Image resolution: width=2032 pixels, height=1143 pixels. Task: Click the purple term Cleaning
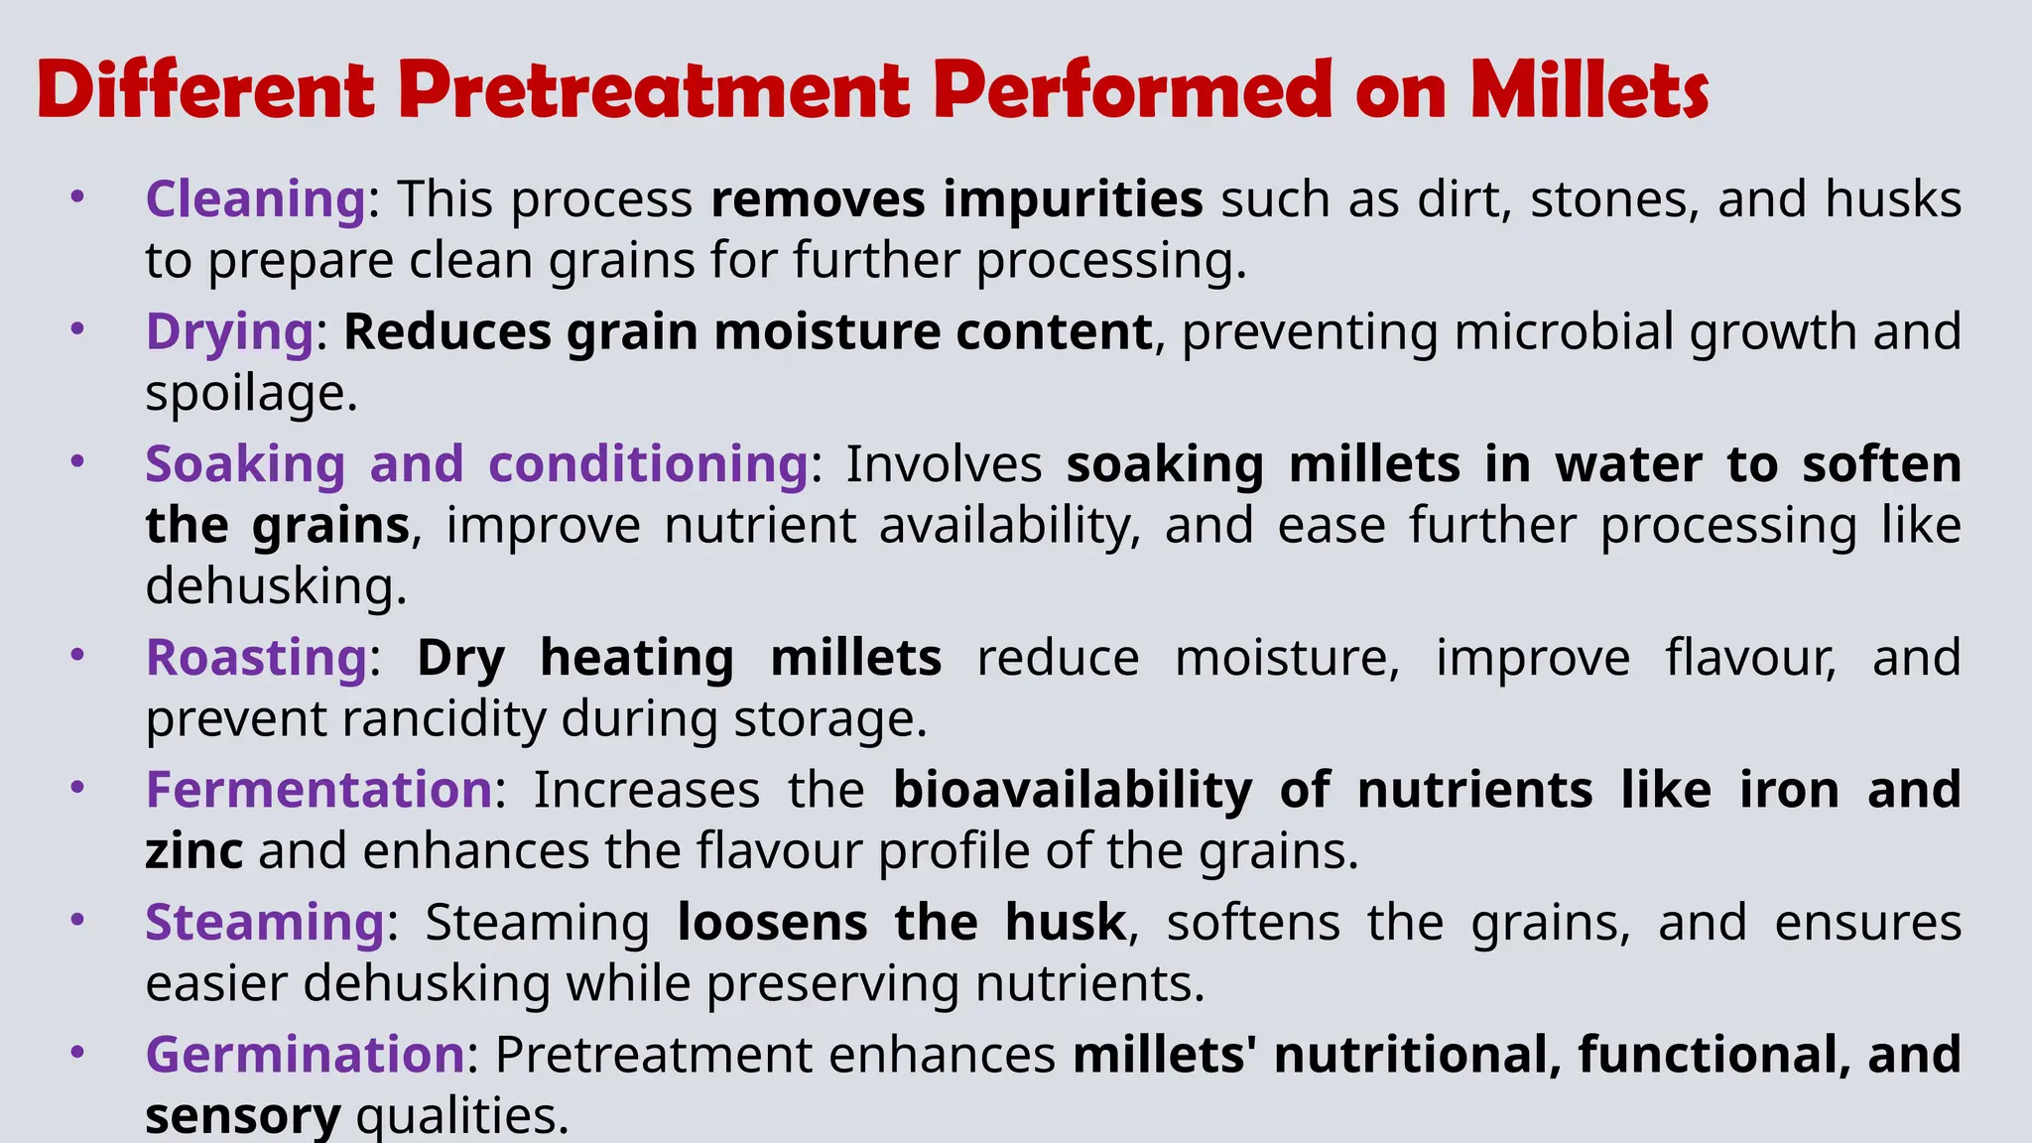click(x=256, y=199)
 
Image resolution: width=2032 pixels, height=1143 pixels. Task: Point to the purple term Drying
click(x=229, y=332)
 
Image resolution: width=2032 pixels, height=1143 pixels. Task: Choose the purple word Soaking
click(x=245, y=464)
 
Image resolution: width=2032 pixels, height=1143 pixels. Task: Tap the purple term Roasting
click(x=257, y=658)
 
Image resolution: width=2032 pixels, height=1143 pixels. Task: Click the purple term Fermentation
click(x=318, y=790)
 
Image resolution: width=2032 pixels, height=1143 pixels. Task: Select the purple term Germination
click(x=305, y=1054)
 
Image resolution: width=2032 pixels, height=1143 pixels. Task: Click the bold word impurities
click(x=1073, y=199)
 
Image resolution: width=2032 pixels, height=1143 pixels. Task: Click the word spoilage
click(x=250, y=394)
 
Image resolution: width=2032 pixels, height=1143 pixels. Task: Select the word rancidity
click(x=444, y=719)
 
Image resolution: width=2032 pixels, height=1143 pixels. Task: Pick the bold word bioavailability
click(x=1073, y=790)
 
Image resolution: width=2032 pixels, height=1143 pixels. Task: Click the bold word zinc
click(x=194, y=851)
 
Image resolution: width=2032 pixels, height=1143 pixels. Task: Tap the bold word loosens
click(x=772, y=923)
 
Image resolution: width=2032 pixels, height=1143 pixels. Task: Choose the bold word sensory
click(x=243, y=1115)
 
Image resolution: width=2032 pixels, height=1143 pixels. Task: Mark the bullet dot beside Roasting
click(x=77, y=656)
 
